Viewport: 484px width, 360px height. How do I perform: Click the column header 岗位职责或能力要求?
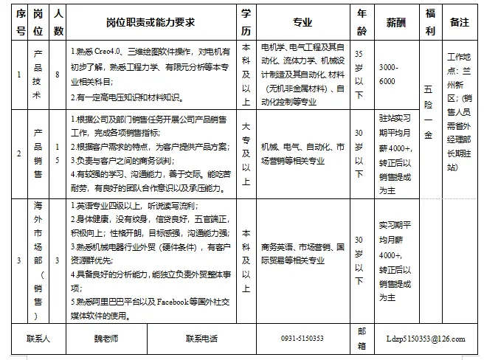point(151,23)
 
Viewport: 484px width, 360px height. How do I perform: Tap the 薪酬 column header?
point(395,23)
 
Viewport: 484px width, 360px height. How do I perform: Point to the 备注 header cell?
point(459,23)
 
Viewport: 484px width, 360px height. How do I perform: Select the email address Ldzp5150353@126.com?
point(426,339)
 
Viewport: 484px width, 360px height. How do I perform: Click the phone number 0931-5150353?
point(302,339)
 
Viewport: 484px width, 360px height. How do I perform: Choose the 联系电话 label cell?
point(201,339)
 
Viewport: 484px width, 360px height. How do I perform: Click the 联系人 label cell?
point(38,339)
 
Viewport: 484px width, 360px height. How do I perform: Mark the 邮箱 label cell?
point(362,339)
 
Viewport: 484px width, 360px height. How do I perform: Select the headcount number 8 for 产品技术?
point(59,75)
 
